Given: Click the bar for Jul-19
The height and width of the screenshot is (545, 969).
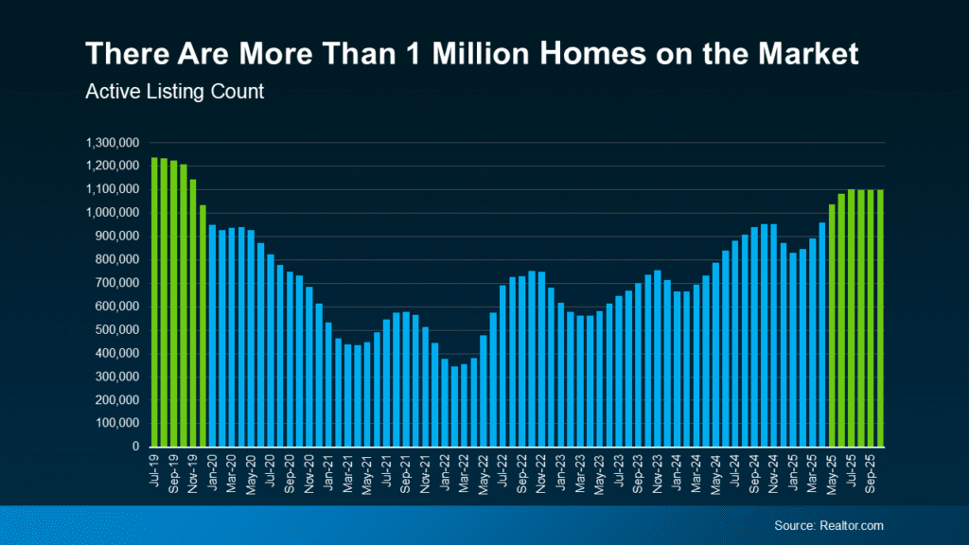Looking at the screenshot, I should (x=154, y=302).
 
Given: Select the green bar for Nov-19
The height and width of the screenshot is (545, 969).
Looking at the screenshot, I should (x=193, y=313).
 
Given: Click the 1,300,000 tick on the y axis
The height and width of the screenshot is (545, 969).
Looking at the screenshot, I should (x=113, y=143).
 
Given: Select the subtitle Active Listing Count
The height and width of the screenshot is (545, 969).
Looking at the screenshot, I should (x=173, y=92).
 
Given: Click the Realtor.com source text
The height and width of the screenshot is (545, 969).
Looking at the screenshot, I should (x=828, y=525).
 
